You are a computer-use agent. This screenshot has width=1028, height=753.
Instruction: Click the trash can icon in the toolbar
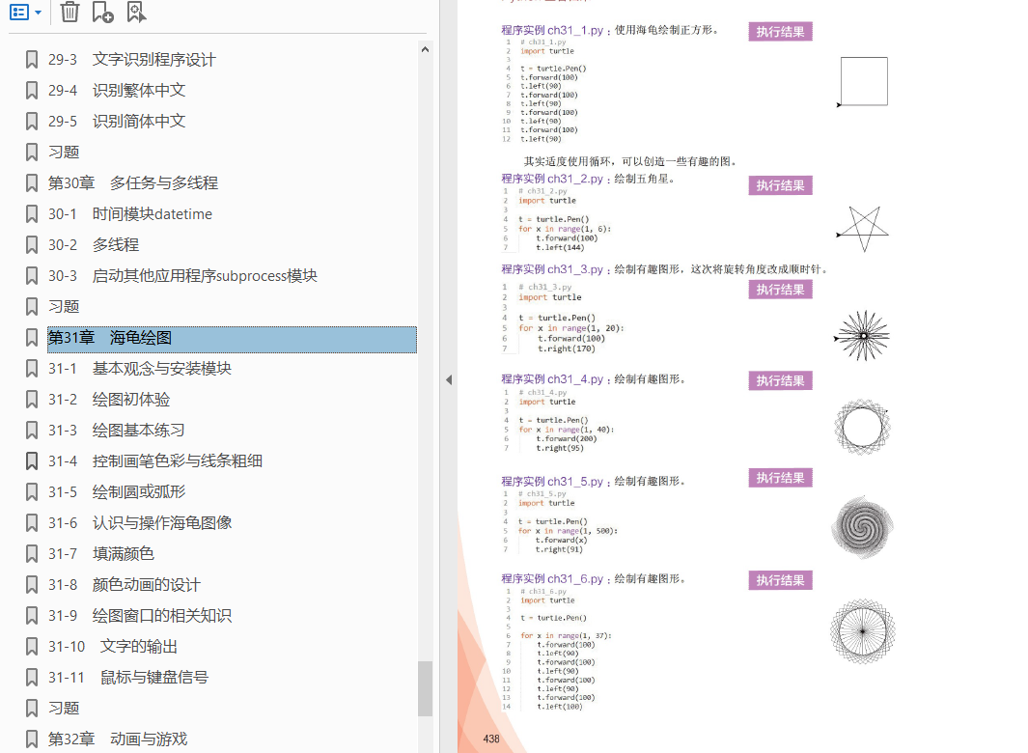69,12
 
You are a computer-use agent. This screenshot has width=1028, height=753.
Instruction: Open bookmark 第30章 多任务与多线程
133,183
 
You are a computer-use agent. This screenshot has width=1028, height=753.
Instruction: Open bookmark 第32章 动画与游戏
118,739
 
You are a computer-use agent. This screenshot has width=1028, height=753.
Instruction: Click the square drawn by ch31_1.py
864,81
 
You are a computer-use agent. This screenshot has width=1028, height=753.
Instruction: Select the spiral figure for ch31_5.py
862,527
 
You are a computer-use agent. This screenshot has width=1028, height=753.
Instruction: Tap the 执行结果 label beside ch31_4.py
780,380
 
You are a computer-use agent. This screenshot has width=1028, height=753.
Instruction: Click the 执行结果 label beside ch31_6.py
780,580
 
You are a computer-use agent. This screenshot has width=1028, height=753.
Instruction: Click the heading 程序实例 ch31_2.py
552,179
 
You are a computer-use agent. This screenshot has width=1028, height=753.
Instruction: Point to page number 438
491,739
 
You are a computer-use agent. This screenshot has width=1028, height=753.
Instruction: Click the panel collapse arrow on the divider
448,380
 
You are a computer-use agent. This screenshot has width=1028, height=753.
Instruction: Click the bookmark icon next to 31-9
32,616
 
